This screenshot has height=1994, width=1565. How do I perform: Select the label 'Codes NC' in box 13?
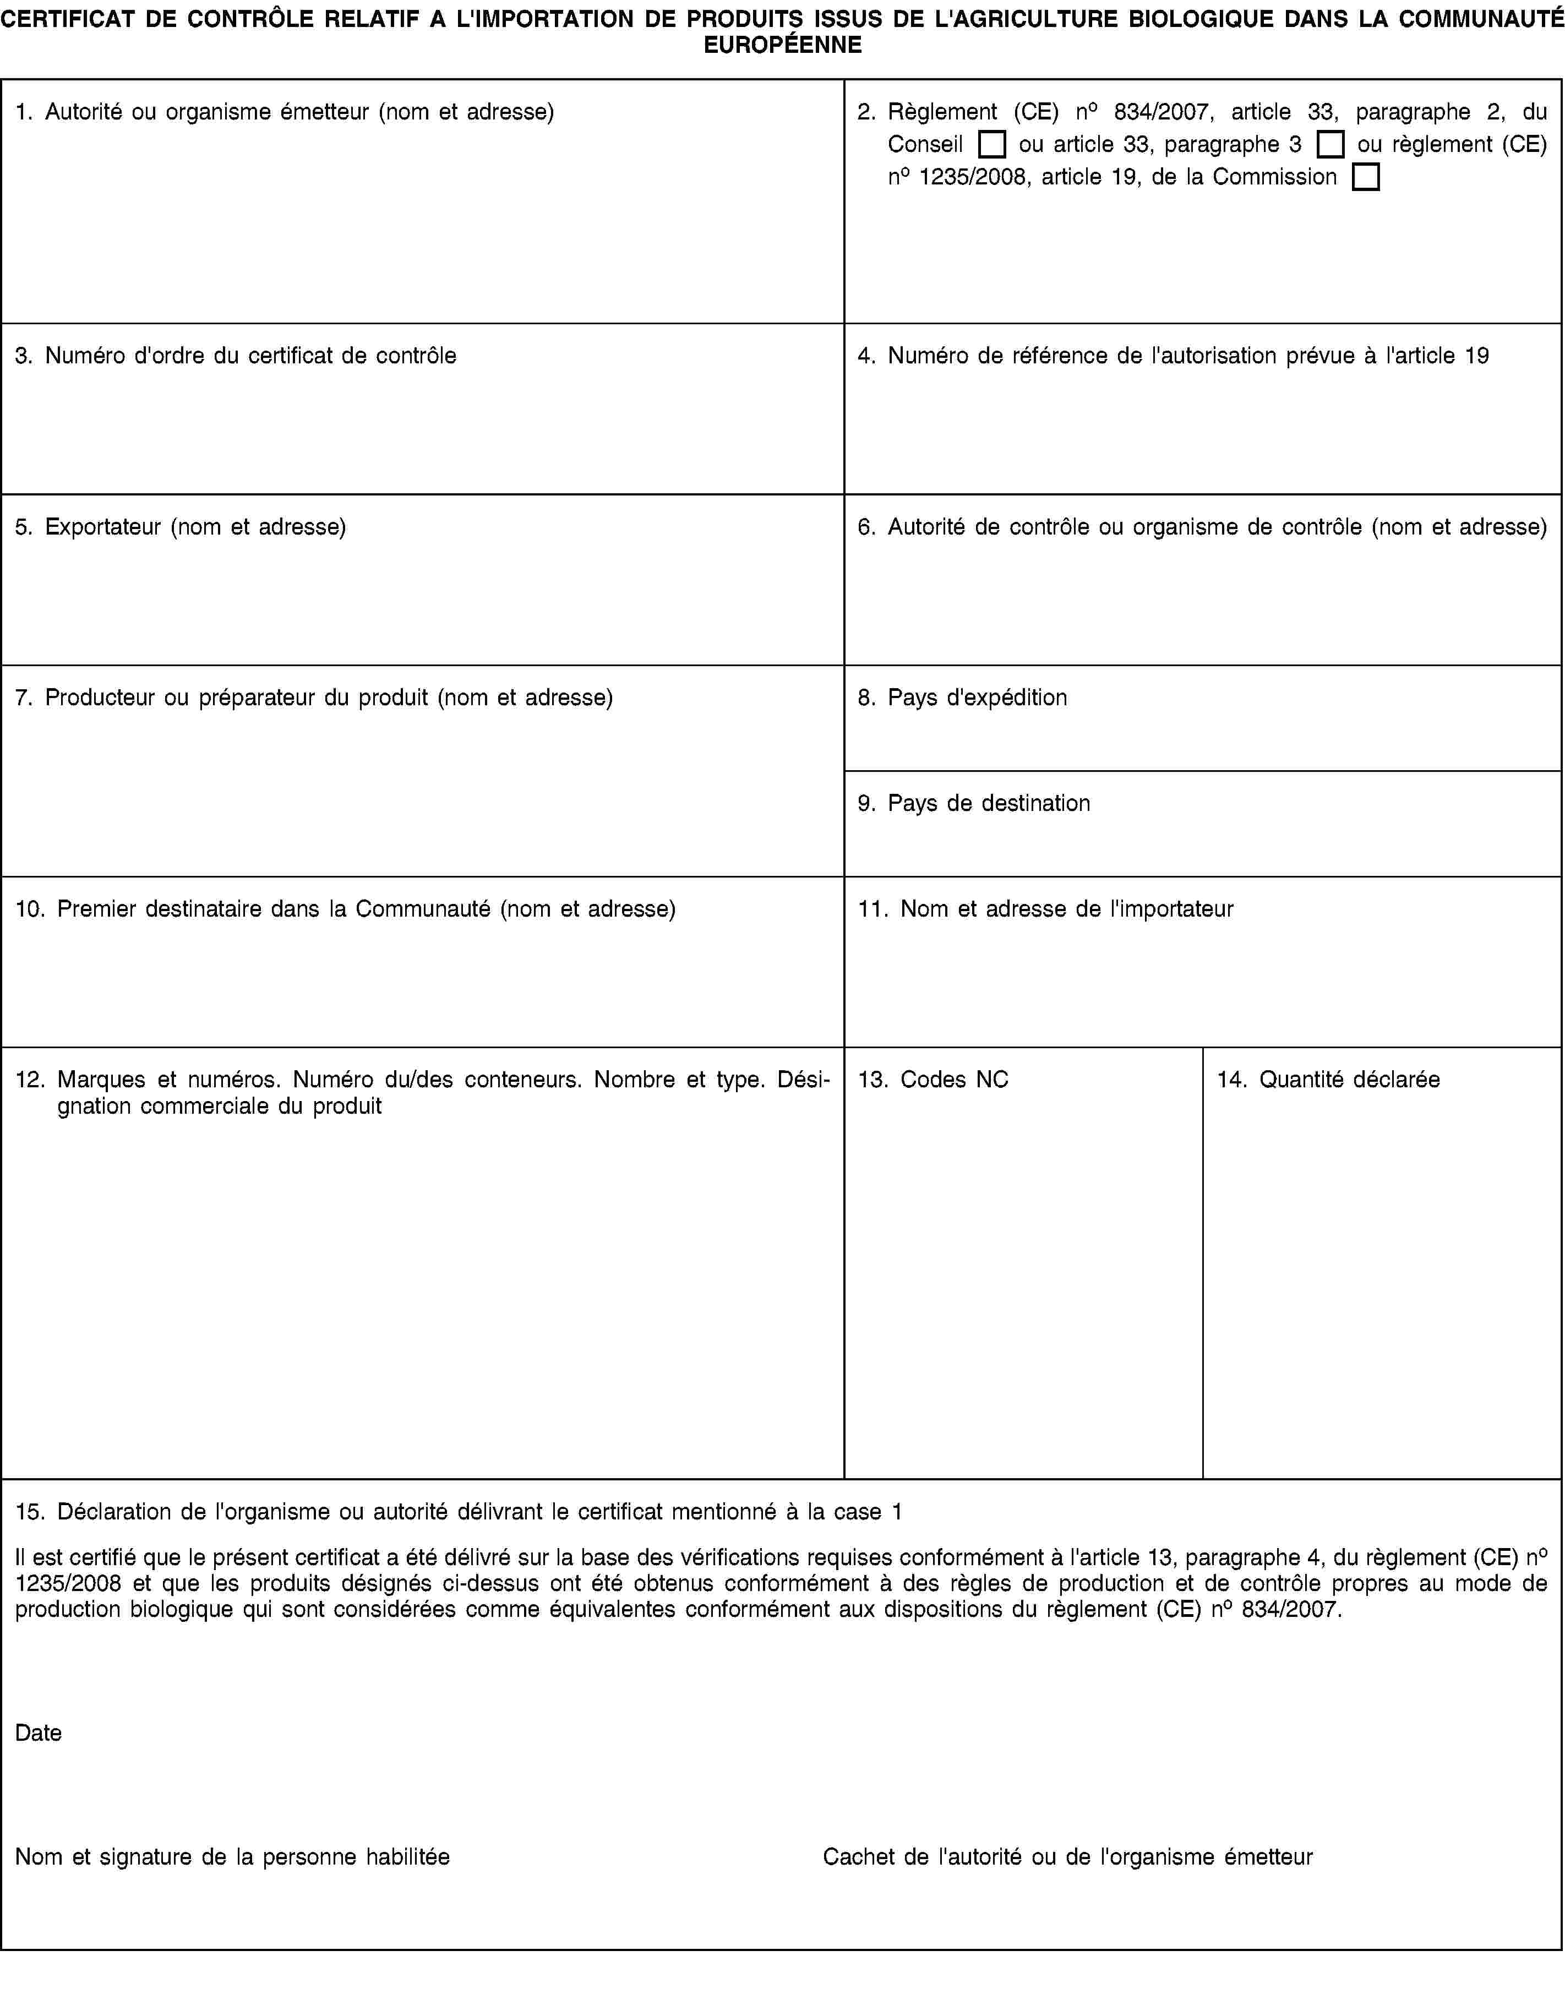pos(954,1080)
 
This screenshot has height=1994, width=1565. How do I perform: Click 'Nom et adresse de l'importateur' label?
pos(1067,909)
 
